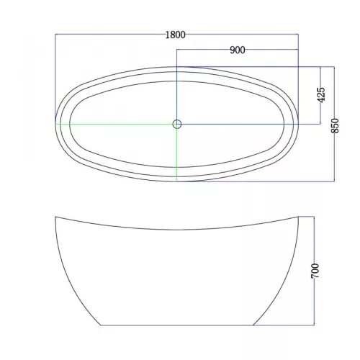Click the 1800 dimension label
click(x=176, y=35)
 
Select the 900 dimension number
click(x=238, y=50)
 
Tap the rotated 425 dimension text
click(x=321, y=94)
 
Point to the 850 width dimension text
click(x=335, y=125)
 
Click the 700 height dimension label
click(x=315, y=271)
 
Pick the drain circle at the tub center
click(x=177, y=124)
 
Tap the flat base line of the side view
click(x=176, y=325)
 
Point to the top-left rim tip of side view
click(x=55, y=217)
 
